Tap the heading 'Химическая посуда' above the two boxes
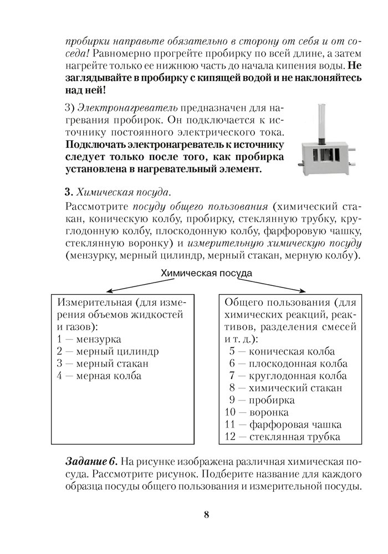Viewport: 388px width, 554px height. coord(206,273)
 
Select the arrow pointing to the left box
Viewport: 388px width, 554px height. coord(133,286)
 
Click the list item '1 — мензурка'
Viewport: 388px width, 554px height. coord(89,340)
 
